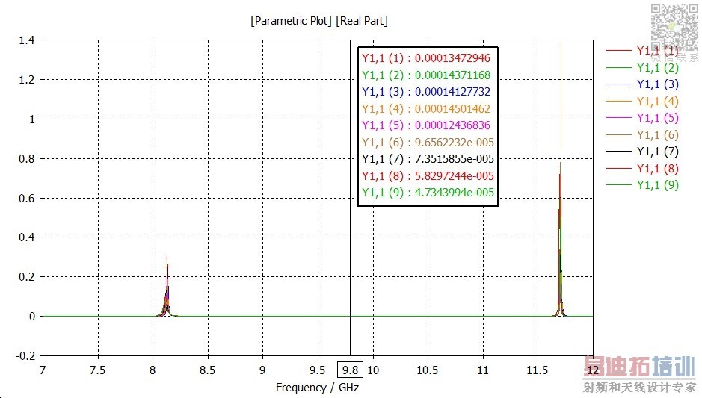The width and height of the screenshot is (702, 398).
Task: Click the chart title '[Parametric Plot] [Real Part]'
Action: coord(318,21)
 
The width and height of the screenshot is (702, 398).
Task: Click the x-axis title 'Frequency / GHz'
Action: coord(317,388)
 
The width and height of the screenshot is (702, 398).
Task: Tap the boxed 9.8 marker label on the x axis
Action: coord(349,370)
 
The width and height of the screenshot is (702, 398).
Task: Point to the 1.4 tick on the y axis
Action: coord(27,40)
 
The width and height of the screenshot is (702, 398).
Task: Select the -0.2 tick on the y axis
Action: coord(25,356)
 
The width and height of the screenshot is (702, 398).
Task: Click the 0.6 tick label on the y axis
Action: coord(27,198)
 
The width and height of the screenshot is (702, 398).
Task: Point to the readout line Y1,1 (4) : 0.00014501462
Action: coord(426,108)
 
